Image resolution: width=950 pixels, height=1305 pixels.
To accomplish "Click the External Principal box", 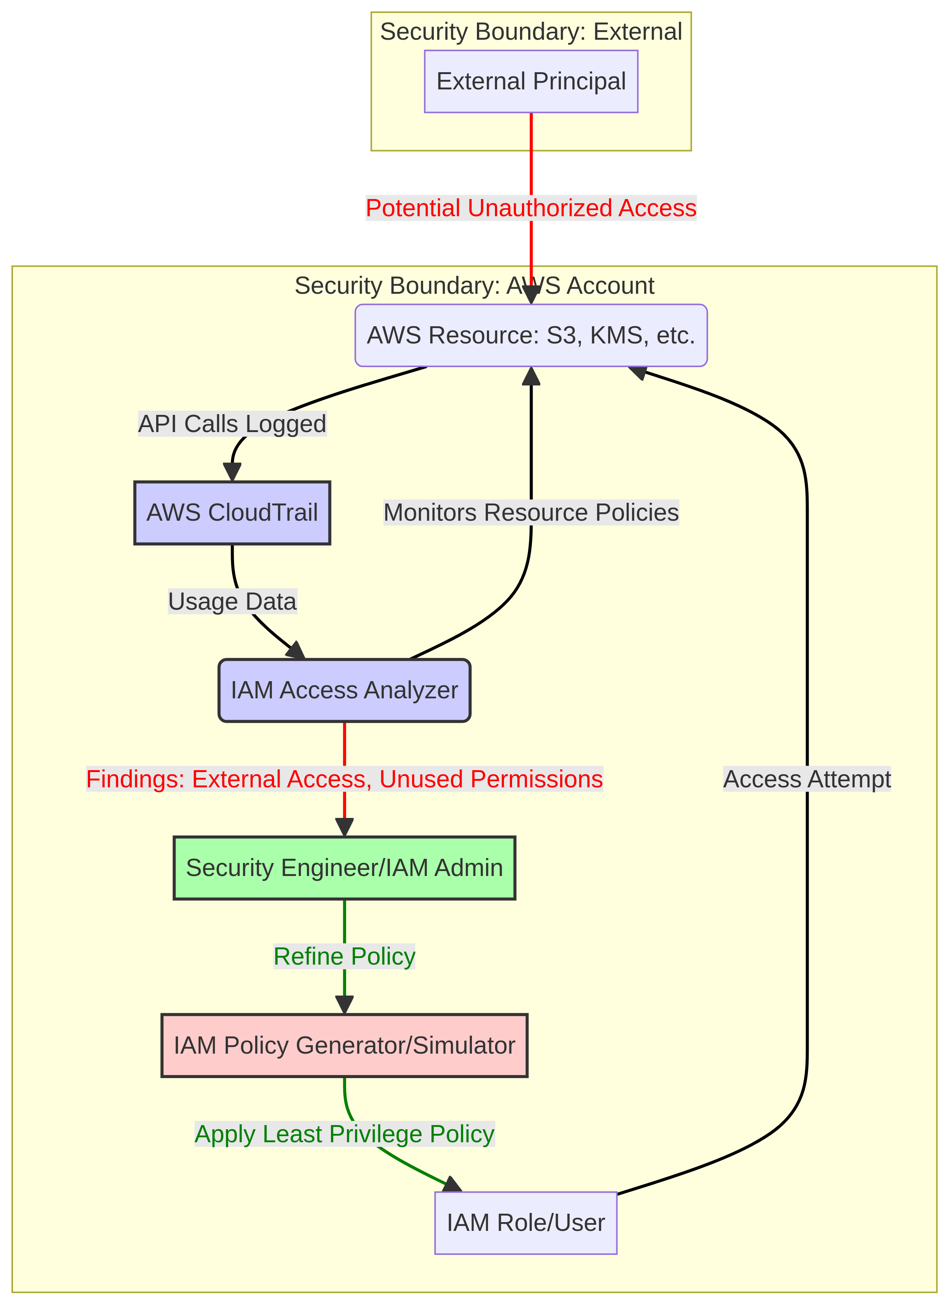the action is point(531,81).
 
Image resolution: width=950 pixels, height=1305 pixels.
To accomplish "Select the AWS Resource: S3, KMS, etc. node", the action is point(531,335).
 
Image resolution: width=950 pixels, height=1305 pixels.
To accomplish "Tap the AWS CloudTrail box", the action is point(232,512).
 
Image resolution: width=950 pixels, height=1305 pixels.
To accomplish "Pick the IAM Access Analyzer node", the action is point(344,690).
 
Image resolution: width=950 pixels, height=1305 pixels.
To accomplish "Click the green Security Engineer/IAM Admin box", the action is point(344,867).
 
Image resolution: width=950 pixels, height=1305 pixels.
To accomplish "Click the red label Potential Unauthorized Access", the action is point(531,208).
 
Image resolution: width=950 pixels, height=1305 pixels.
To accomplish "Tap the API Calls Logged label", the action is point(232,424).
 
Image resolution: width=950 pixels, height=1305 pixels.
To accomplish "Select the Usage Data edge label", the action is point(232,601).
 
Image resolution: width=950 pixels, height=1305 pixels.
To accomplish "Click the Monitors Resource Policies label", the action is point(531,512).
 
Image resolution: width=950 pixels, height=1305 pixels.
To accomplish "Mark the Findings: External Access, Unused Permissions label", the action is point(344,779).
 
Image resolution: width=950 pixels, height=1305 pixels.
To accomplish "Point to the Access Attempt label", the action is point(807,779).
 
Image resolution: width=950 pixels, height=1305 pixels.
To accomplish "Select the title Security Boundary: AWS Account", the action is point(474,285).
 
